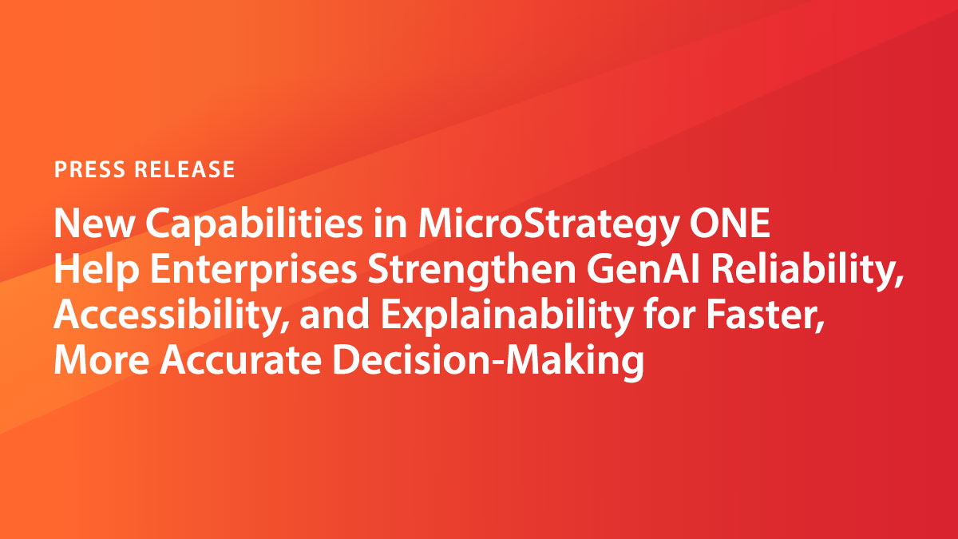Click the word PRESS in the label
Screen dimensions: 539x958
click(x=89, y=169)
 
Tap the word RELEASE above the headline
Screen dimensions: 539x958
click(x=184, y=169)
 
